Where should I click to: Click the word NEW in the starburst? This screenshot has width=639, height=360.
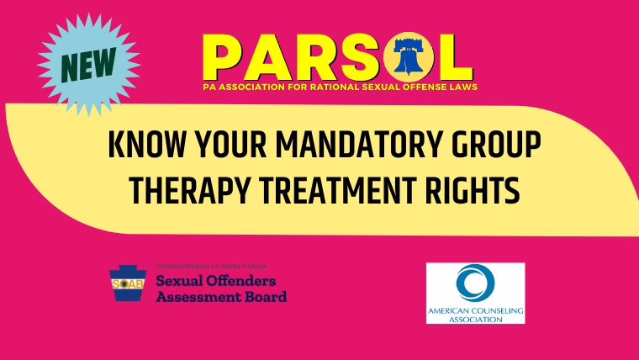coord(88,65)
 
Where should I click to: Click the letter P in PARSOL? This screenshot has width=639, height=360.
coord(224,57)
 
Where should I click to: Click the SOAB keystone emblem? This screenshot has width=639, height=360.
coord(128,283)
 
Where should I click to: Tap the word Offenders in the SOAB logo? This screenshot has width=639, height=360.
coord(240,281)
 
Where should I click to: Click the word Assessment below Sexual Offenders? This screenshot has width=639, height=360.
coord(198,296)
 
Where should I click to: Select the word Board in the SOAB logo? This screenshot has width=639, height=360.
coord(266,296)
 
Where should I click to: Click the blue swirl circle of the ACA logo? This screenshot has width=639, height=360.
coord(475,283)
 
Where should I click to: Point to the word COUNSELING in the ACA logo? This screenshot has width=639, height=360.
coord(494,310)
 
